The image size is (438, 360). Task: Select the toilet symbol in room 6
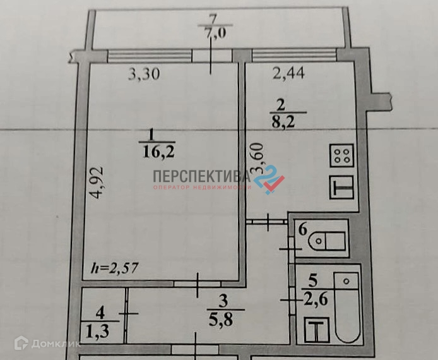tap(331, 239)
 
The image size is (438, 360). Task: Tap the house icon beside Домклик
tap(21, 344)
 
